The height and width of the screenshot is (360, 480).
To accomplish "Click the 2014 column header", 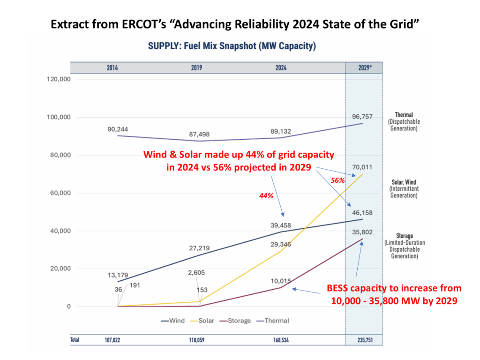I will (x=112, y=68).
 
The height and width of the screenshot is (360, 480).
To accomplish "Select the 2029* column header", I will (x=364, y=68).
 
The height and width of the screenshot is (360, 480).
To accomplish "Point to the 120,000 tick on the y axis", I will (x=59, y=80).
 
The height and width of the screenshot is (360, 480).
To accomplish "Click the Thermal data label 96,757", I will (x=363, y=117).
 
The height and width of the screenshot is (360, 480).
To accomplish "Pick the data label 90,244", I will (x=117, y=129).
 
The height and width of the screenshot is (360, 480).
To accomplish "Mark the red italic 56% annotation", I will (x=338, y=180).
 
